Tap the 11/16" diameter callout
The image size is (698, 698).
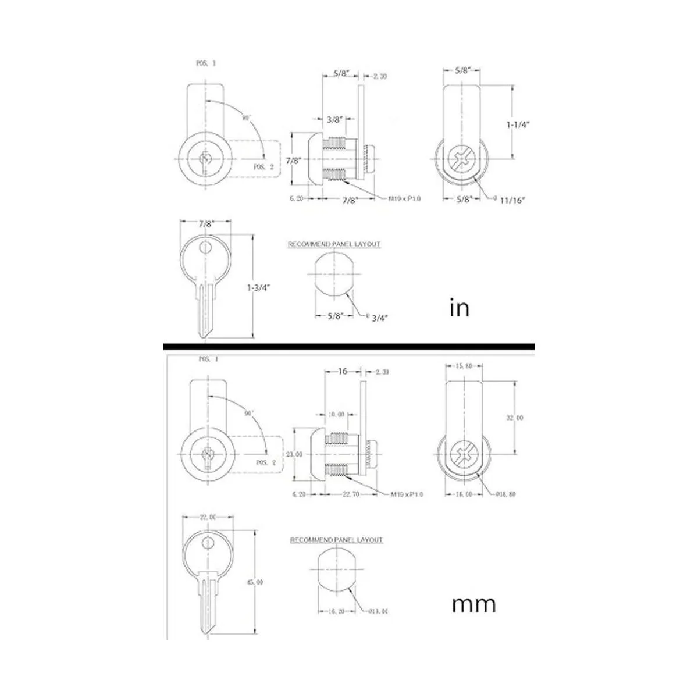(x=512, y=200)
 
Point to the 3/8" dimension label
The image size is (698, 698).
(x=334, y=120)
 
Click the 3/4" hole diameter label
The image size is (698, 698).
(x=380, y=317)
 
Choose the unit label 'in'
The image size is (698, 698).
(x=460, y=308)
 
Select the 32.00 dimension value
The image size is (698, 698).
(x=515, y=418)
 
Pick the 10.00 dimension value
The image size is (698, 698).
(x=336, y=415)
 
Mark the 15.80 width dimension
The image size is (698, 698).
(x=464, y=366)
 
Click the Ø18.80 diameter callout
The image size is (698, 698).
(x=504, y=494)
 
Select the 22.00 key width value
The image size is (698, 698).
(x=208, y=517)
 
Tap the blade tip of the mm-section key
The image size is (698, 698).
(x=206, y=631)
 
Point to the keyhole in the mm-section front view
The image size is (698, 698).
(x=207, y=457)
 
